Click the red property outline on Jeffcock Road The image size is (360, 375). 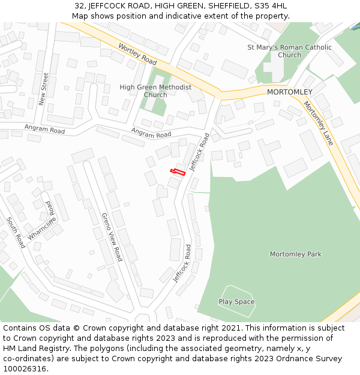pyautogui.click(x=177, y=172)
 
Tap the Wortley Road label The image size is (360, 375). pyautogui.click(x=137, y=54)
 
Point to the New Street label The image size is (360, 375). pyautogui.click(x=44, y=89)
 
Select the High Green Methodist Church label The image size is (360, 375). pyautogui.click(x=155, y=91)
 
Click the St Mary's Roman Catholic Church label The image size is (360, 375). pyautogui.click(x=289, y=51)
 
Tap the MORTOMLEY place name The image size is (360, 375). pyautogui.click(x=289, y=92)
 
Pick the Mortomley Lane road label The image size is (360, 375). pyautogui.click(x=318, y=123)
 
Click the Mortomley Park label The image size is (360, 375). pyautogui.click(x=295, y=254)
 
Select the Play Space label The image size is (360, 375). pyautogui.click(x=236, y=302)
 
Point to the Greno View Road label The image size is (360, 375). pyautogui.click(x=112, y=237)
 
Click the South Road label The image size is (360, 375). pyautogui.click(x=16, y=233)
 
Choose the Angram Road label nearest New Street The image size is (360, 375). pyautogui.click(x=44, y=129)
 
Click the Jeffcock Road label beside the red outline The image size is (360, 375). pyautogui.click(x=200, y=152)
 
